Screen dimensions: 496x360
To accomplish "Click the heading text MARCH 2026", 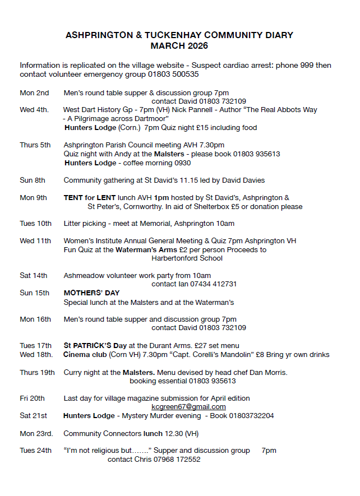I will (179, 46).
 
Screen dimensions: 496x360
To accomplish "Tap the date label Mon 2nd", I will (34, 93).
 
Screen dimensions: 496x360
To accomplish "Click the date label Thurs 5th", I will (35, 145).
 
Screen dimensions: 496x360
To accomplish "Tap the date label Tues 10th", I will (36, 224).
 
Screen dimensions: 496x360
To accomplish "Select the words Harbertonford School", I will (187, 258).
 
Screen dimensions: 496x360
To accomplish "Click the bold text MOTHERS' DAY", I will (91, 293).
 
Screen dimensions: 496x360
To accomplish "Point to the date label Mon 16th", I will (35, 319).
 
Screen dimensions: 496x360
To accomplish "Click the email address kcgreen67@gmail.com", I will (188, 407).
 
